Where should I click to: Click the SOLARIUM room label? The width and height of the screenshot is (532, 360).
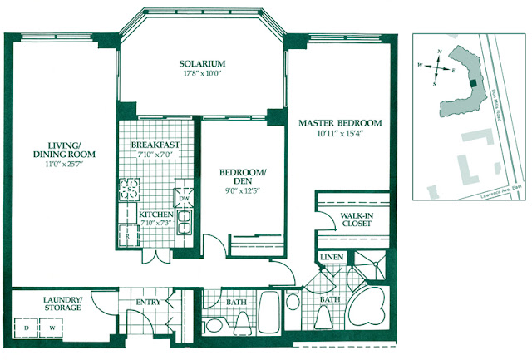(x=203, y=63)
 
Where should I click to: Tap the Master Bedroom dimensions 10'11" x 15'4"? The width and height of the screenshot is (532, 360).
(x=340, y=135)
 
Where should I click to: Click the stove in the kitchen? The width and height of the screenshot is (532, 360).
(x=130, y=191)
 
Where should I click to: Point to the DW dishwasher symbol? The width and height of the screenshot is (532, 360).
(x=185, y=200)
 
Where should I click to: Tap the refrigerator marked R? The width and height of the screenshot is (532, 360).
(x=127, y=234)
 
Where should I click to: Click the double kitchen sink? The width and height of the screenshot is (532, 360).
(x=186, y=222)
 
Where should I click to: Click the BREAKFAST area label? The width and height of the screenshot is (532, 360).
(x=155, y=145)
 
